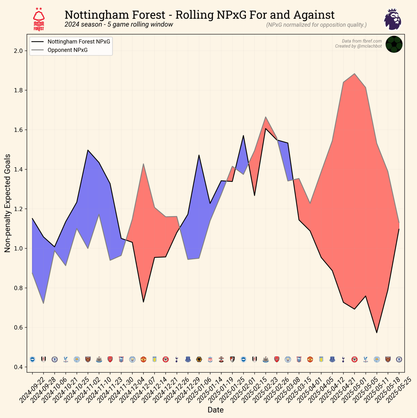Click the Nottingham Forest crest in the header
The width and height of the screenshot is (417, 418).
point(39,19)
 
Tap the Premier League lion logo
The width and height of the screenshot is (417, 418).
point(393,19)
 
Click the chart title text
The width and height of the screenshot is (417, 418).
point(199,15)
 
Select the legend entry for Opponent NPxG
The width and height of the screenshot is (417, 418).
point(67,50)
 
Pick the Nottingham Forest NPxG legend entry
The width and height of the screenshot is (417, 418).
point(79,41)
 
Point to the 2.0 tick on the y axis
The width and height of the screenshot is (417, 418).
point(18,51)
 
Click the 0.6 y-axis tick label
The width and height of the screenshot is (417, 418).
point(18,328)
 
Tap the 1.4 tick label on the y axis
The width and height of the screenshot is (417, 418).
point(18,170)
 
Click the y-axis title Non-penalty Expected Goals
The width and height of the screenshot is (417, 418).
point(7,203)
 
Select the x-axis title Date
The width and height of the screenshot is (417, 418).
point(215,410)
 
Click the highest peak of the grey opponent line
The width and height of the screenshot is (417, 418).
point(354,74)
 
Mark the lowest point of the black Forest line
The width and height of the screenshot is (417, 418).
point(377,332)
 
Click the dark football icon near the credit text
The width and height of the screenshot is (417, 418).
point(394,44)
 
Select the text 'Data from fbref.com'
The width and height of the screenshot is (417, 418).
point(362,41)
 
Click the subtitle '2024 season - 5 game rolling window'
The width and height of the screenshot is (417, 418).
point(119,24)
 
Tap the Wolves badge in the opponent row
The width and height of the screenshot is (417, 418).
point(199,359)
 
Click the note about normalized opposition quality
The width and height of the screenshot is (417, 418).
point(316,25)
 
